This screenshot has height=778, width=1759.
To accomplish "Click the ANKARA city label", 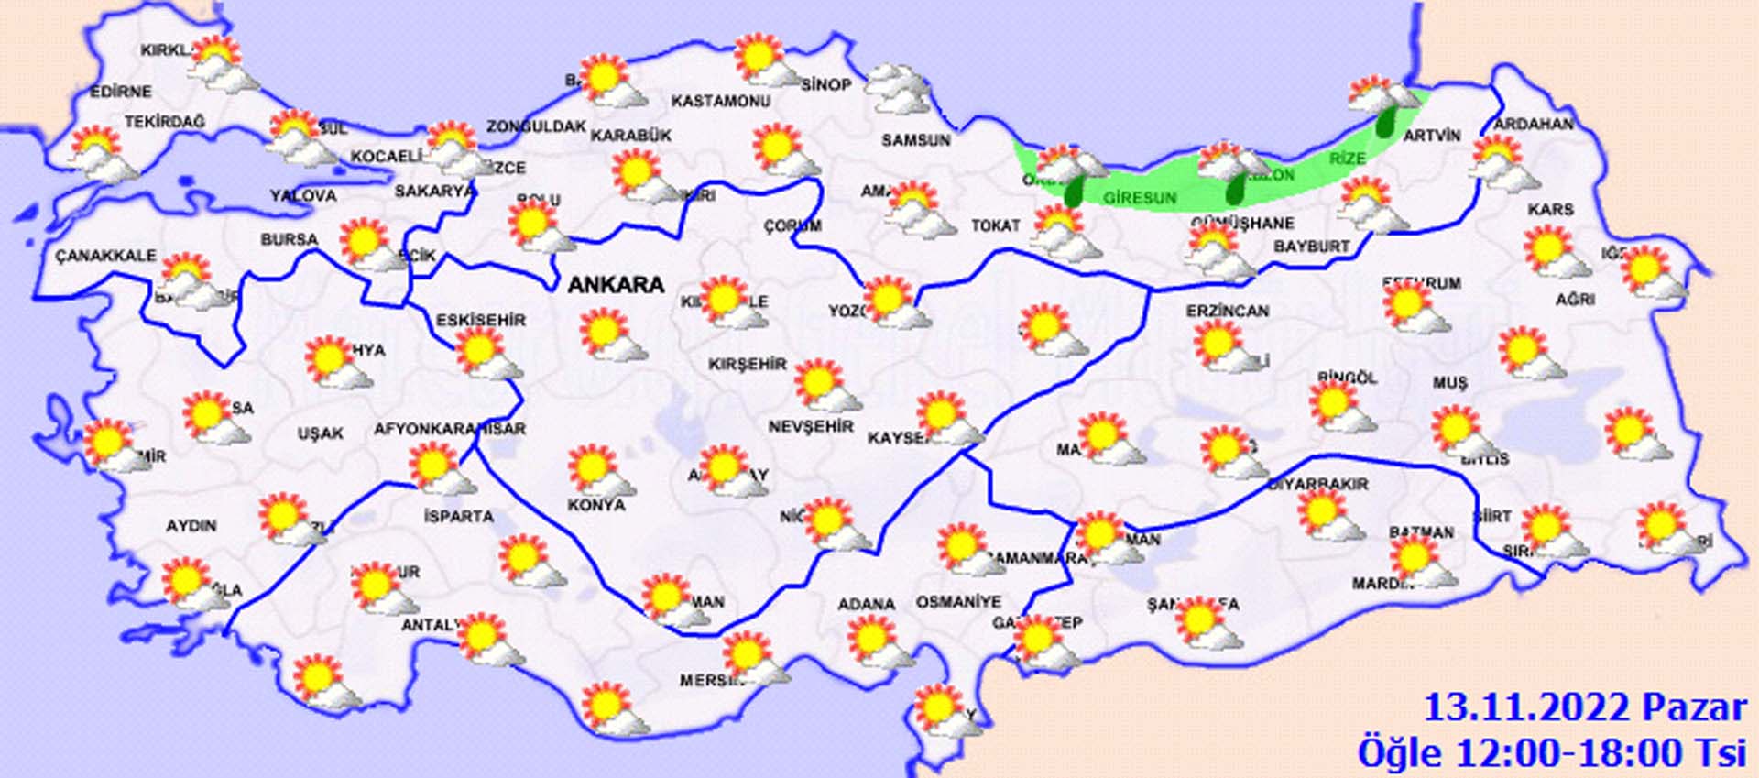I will [x=616, y=285].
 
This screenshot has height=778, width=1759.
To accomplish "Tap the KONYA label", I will [x=595, y=505].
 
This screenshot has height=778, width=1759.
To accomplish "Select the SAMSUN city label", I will [x=915, y=140].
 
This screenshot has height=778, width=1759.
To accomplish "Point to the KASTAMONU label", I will [x=720, y=101].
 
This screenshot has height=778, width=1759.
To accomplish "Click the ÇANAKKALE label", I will [x=105, y=256].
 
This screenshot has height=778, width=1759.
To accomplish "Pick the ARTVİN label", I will [x=1432, y=136].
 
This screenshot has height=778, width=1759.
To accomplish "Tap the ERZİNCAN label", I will [x=1228, y=312].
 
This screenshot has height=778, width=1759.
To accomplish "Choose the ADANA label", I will [x=866, y=605].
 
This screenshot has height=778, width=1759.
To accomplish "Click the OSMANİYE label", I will [x=958, y=603].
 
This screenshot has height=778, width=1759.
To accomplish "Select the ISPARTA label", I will [x=458, y=517].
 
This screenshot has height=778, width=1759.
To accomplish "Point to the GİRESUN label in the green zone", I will [x=1139, y=197].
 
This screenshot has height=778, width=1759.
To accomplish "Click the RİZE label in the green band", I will [x=1347, y=159].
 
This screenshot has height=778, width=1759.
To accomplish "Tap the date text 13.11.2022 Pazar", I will [x=1585, y=708].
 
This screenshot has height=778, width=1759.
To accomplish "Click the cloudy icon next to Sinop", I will [x=898, y=88].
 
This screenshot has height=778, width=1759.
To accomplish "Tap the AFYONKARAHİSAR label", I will [x=449, y=429].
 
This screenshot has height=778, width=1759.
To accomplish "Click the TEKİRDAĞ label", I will [x=165, y=122].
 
